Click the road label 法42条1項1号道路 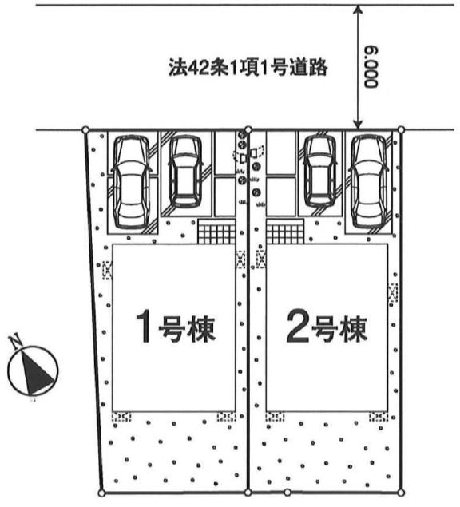tap(248, 68)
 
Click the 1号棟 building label tap(175, 326)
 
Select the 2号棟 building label tap(327, 326)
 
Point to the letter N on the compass tap(15, 342)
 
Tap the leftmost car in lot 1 tap(131, 182)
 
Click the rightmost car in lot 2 tap(369, 182)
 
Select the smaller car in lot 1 tap(185, 172)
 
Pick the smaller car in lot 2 tap(319, 172)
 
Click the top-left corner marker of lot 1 tap(85, 129)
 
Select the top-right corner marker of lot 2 tap(401, 129)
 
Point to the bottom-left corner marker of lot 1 tap(101, 493)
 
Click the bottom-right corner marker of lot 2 tap(401, 493)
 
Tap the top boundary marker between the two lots tap(248, 129)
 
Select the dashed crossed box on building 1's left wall tap(107, 271)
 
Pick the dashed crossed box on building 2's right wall tap(393, 293)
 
